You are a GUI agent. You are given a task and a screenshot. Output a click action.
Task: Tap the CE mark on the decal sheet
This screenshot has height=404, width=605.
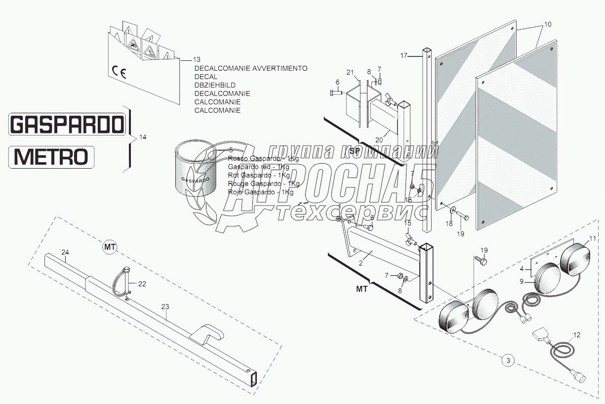[x=120, y=73]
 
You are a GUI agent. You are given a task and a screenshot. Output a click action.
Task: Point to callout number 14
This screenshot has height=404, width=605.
[x=143, y=137]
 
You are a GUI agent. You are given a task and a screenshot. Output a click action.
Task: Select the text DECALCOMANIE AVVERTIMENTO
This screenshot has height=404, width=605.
[x=250, y=69]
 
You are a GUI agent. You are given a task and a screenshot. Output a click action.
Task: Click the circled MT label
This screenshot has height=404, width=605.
[x=109, y=246]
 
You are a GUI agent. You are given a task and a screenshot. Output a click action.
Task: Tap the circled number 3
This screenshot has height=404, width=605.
[x=508, y=360]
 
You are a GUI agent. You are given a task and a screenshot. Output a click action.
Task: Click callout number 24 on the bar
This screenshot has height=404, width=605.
[x=65, y=252]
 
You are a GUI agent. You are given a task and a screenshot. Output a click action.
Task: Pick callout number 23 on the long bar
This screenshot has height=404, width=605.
[x=165, y=307]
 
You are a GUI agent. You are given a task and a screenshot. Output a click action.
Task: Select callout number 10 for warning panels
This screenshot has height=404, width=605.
[x=548, y=24]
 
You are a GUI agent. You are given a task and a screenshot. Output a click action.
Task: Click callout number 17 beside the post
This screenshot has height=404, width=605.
[x=403, y=56]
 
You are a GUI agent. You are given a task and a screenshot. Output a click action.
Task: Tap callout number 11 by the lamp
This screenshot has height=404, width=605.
[x=592, y=239]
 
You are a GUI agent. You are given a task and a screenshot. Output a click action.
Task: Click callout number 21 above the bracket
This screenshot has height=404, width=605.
[x=350, y=73]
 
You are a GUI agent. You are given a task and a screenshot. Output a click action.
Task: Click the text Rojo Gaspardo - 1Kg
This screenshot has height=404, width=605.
[x=260, y=192]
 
